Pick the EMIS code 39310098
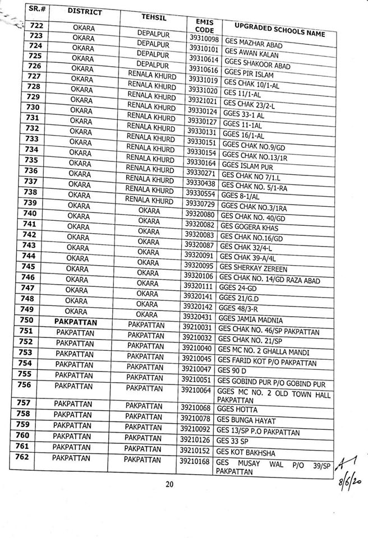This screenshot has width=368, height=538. click(x=204, y=39)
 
